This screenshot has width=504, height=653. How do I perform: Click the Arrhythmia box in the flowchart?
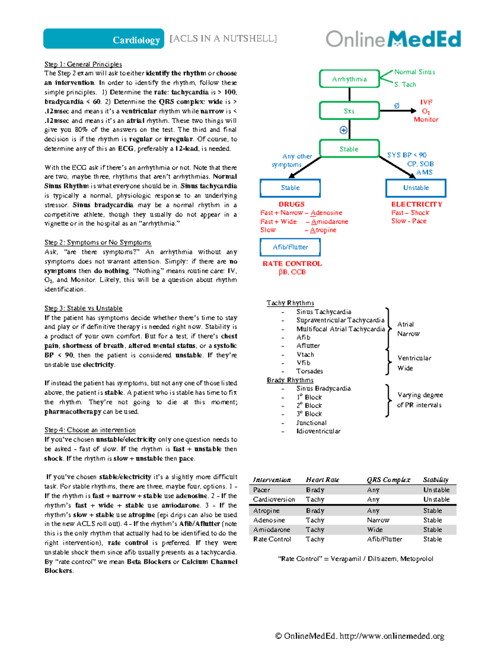pos(349,79)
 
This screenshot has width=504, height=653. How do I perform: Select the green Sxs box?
pos(349,111)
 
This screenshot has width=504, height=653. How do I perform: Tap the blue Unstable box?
pos(416,188)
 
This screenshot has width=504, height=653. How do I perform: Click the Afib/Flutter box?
pos(290,247)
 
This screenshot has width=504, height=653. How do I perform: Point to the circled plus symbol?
pos(343,130)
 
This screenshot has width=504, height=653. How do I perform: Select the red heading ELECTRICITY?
pos(417,204)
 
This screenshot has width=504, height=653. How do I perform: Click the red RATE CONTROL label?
pos(292,264)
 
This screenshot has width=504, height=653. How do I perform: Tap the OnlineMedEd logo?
pos(393,39)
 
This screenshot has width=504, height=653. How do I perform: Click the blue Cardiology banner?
pos(104,39)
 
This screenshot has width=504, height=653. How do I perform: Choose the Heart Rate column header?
pos(322,480)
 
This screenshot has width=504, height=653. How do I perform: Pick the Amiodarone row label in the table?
pos(272,530)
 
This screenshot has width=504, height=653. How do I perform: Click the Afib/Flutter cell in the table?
pos(384,539)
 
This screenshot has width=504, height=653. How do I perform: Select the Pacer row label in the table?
pos(262,490)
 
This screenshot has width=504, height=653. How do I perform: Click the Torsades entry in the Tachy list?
pos(310,371)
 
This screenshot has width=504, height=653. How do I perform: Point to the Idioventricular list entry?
pos(318,431)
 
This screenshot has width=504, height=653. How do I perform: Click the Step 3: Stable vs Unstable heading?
pos(84,308)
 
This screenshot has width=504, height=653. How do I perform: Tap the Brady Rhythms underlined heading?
pos(290,380)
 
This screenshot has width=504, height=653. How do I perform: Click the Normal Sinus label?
pos(415,72)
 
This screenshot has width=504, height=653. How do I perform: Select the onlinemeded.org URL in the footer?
pos(391,636)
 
